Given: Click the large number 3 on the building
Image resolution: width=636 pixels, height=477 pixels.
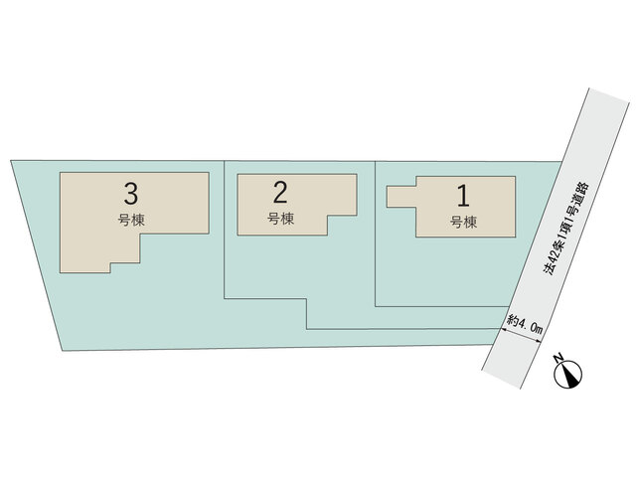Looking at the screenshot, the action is tap(131, 194).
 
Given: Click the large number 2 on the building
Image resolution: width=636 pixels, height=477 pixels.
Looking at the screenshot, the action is tap(280, 192).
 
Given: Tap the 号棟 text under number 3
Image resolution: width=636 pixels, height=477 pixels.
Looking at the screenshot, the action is tap(131, 221).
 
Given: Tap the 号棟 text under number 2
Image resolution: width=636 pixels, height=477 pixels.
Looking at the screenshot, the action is tap(280, 219).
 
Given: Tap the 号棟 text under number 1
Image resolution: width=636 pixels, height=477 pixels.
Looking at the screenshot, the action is tap(463, 222).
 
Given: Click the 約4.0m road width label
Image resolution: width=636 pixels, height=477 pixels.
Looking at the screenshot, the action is tap(525, 326).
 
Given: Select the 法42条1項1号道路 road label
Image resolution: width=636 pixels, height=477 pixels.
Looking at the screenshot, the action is tap(566, 229).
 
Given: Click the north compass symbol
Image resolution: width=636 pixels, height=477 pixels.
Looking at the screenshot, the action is tap(570, 374).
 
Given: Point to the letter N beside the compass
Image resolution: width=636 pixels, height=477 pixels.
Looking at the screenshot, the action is tap(558, 358).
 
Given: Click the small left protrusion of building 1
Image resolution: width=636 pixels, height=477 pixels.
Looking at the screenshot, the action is tap(401, 197).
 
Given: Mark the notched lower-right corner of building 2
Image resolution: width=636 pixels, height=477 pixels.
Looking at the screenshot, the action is tap(327, 216).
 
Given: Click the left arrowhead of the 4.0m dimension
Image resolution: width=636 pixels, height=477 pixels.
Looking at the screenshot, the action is tap(502, 329).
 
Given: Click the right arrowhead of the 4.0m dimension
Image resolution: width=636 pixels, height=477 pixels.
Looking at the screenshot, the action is tap(539, 343).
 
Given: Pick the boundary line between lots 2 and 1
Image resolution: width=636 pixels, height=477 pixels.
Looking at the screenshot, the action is tap(376, 234).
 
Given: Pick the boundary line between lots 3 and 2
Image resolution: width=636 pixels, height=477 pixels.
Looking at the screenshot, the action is tap(225, 230).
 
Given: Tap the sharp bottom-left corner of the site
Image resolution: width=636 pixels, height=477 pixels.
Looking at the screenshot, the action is tap(62, 351).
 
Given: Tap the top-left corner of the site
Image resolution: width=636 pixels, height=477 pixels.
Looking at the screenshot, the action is tap(11, 160).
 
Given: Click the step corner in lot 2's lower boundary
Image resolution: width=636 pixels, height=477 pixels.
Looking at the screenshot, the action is tap(306, 299).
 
